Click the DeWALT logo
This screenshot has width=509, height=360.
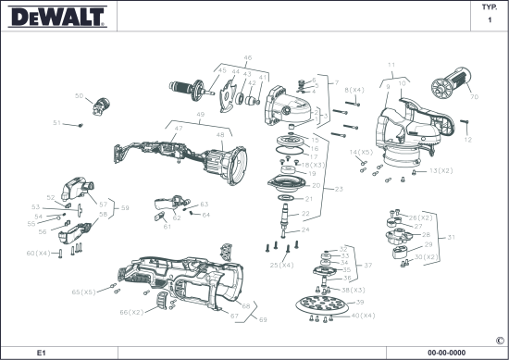click(x=57, y=17)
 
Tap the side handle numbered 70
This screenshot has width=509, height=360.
click(x=452, y=83)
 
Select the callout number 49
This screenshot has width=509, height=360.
click(x=200, y=115)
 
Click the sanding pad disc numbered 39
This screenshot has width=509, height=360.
click(x=321, y=305)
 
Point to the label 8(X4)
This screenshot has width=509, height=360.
click(x=354, y=90)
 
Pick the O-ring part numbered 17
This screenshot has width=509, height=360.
click(x=290, y=151)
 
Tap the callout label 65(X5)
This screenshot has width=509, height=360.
click(x=83, y=292)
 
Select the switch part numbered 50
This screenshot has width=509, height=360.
click(x=101, y=106)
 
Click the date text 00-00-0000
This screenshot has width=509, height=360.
click(x=446, y=353)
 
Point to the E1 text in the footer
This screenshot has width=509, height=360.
click(x=42, y=353)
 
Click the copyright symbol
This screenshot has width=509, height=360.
click(x=500, y=341)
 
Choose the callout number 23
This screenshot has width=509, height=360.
click(x=339, y=189)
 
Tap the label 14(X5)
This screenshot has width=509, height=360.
click(x=361, y=153)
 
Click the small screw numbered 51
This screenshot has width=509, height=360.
click(x=81, y=125)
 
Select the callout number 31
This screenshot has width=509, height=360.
click(x=452, y=237)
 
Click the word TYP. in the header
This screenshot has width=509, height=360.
click(x=490, y=7)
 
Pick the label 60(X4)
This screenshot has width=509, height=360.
click(x=38, y=253)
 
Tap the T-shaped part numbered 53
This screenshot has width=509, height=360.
click(x=80, y=210)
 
